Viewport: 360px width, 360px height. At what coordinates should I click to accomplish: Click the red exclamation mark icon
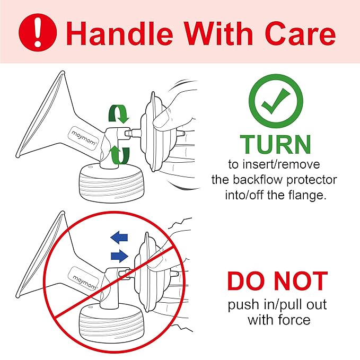(38, 32)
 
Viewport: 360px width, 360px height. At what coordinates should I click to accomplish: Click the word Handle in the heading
(119, 33)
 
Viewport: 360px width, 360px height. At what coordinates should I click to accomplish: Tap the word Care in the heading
(300, 33)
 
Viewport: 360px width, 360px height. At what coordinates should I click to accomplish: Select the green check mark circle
(276, 101)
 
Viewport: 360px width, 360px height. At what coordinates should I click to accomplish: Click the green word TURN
(276, 144)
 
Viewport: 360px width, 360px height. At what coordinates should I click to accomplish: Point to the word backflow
(258, 180)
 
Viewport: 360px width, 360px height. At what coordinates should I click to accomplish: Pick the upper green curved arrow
(118, 113)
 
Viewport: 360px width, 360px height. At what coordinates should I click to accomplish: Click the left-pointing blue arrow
(119, 238)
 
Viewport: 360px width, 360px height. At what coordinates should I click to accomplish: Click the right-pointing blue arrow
(119, 256)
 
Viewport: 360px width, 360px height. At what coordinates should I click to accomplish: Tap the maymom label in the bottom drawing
(84, 278)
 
